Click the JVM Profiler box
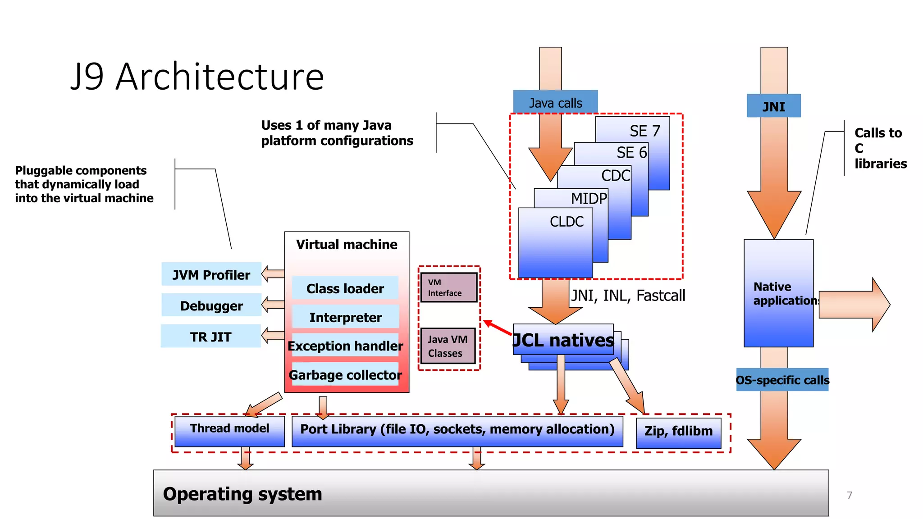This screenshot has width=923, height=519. point(211,274)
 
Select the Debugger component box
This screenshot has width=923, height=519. point(211,305)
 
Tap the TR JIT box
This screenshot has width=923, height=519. point(210,337)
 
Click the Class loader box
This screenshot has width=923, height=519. point(345,288)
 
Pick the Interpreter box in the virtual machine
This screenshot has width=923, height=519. point(345,317)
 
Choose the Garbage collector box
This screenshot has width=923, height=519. point(345,375)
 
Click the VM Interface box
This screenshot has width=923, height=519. point(448,287)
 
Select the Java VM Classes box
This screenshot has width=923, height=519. point(448,346)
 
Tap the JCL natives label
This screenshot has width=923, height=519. point(563,340)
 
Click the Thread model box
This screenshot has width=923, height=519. point(229,431)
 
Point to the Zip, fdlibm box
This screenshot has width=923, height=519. point(678,432)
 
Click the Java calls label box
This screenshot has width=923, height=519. point(555,103)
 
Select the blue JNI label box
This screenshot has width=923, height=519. point(773,106)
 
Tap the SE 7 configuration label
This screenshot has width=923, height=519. point(644,131)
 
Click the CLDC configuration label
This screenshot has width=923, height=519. point(567,222)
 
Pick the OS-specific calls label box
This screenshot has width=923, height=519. point(782,380)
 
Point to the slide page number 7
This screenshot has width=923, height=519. point(850,495)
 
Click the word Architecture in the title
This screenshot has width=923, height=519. point(219,77)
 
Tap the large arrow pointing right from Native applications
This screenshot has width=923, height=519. point(854,305)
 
